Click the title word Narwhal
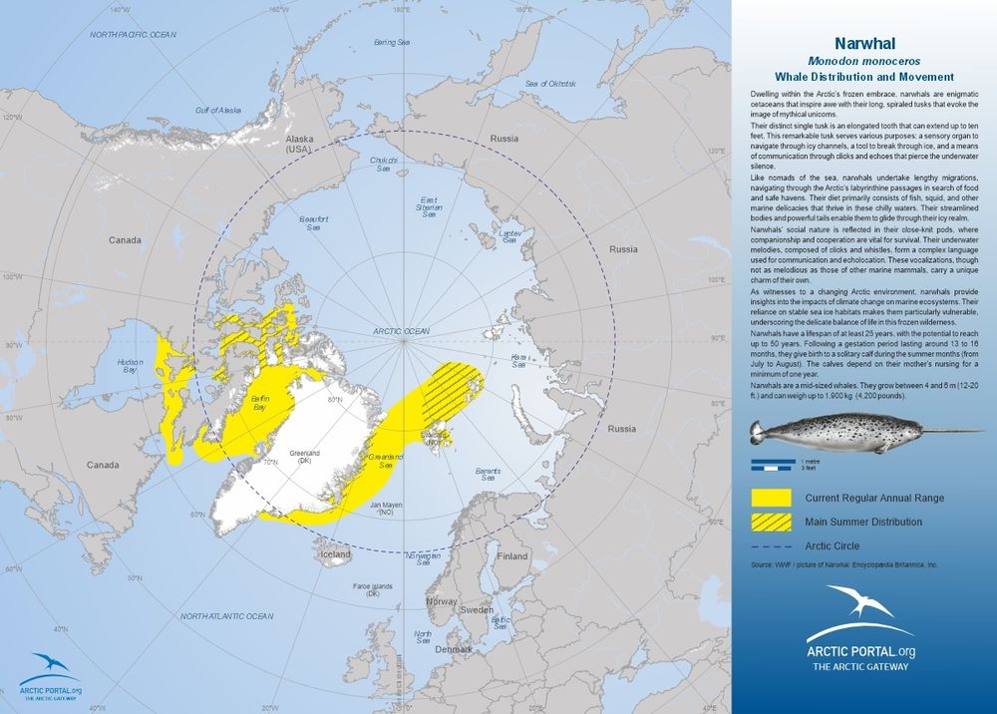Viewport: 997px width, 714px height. [864, 43]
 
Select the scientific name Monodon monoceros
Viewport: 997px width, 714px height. [864, 60]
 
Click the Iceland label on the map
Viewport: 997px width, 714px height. [335, 553]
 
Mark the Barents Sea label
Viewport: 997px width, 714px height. [488, 474]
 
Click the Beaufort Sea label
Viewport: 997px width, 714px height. [313, 222]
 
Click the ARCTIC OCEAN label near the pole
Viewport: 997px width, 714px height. [401, 330]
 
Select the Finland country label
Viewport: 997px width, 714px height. [512, 555]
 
